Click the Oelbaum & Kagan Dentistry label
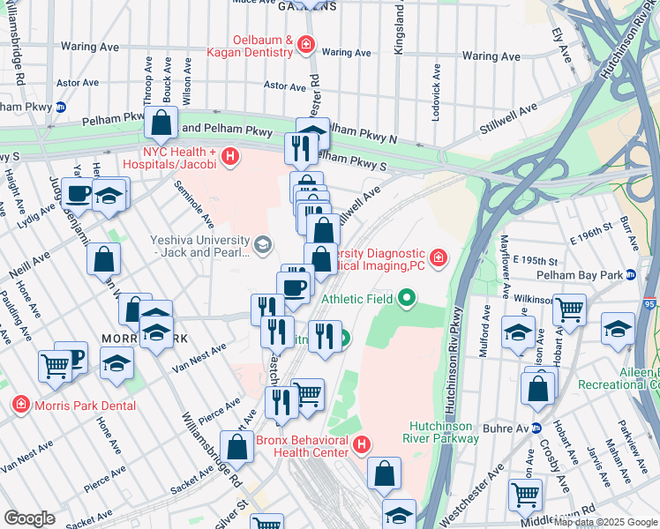[x=263, y=46]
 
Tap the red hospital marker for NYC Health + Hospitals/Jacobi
[x=230, y=157]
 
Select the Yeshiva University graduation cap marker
[x=262, y=243]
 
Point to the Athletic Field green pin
[x=406, y=298]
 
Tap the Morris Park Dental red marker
[x=20, y=405]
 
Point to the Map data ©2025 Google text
[x=605, y=522]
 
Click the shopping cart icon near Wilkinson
[x=569, y=309]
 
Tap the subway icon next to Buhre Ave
[x=544, y=428]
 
